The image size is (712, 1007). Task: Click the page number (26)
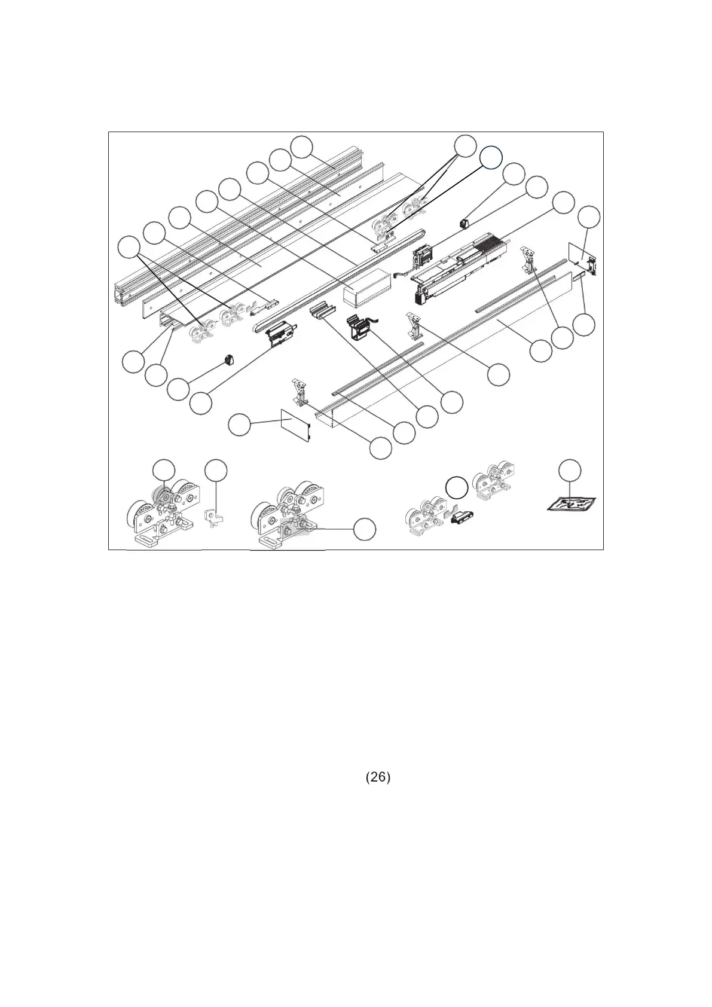coord(378,777)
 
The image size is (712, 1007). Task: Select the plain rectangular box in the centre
coord(366,288)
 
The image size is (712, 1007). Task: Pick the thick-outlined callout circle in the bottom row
coord(457,488)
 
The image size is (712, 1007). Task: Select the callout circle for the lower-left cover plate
coord(240,425)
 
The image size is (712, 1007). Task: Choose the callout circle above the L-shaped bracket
coord(216,470)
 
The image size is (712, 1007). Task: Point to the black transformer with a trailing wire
coord(362,328)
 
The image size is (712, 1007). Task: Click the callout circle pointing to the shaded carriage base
coord(365,529)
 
